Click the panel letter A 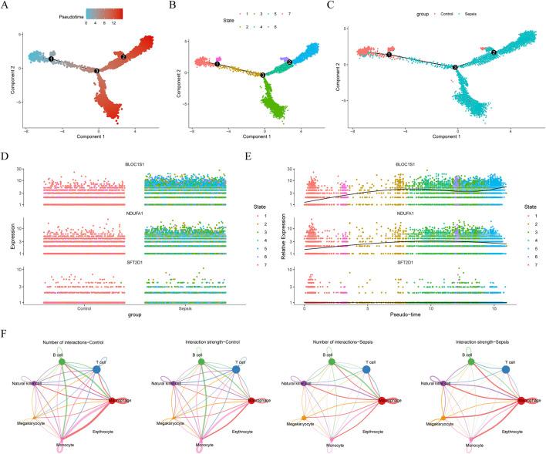coord(6,6)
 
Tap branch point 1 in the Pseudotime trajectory coord(51,58)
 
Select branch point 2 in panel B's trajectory coord(289,62)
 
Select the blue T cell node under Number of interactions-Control coord(97,369)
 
